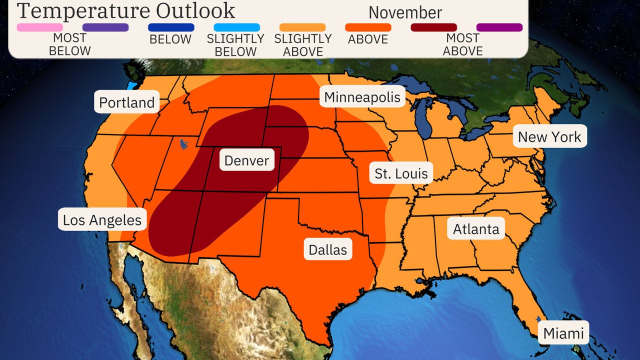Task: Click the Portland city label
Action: (x=126, y=102)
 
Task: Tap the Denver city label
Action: (x=246, y=160)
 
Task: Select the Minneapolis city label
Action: (x=362, y=97)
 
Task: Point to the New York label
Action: (x=549, y=136)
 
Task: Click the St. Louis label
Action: (x=401, y=173)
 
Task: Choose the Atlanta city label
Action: (x=476, y=229)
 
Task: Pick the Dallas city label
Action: (x=328, y=249)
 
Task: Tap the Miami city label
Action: (x=563, y=333)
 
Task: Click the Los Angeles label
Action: (x=102, y=219)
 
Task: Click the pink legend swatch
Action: (x=40, y=27)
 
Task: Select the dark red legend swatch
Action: (x=433, y=27)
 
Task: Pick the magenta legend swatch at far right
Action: (x=499, y=27)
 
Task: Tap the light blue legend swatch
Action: (x=236, y=27)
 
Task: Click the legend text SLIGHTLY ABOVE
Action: (x=302, y=45)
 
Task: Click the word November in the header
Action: (x=405, y=12)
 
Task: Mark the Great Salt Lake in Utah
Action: (x=183, y=144)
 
